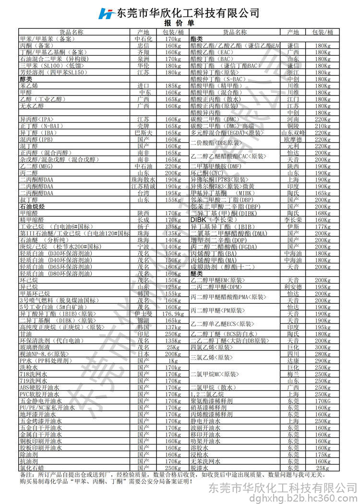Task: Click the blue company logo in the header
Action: click(106, 13)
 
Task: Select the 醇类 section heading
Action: click(26, 79)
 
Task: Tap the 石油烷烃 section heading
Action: click(32, 206)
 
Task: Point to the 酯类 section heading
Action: click(196, 38)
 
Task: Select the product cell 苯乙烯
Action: click(29, 85)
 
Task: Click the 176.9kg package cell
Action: click(173, 313)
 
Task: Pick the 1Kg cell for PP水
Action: click(173, 360)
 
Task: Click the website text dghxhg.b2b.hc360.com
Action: click(284, 498)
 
